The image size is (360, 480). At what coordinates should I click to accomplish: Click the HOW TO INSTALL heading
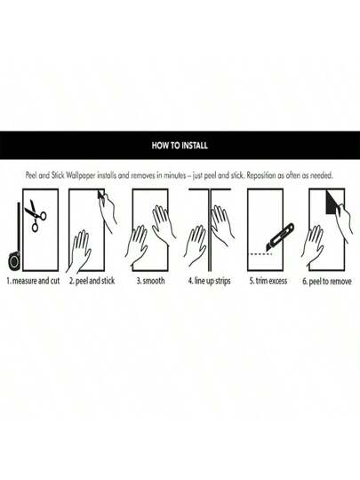180,145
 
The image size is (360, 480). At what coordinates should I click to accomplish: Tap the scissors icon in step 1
36,215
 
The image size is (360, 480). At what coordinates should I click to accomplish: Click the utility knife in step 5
280,238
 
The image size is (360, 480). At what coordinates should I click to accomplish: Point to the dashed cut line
260,254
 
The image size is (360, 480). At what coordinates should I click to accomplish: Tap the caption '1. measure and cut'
34,281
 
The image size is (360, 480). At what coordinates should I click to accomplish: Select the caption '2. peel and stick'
92,281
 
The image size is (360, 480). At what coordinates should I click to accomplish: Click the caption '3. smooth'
150,281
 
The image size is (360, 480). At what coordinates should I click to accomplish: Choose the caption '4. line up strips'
210,281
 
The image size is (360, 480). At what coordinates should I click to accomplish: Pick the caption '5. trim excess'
268,281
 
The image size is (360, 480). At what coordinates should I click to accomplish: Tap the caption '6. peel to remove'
327,281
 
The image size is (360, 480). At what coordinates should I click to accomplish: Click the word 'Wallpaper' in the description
81,176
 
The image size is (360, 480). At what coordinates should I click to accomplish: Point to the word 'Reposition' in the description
261,176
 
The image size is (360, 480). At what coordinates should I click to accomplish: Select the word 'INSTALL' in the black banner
194,145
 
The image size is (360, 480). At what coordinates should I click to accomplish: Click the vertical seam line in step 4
210,230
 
